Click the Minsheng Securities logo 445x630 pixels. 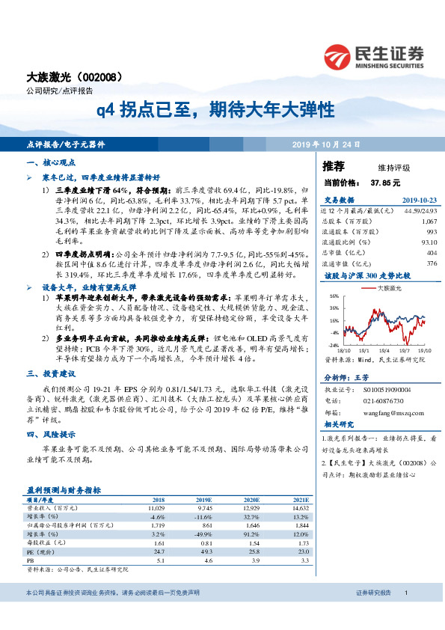(x=374, y=55)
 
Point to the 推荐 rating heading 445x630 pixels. (x=334, y=165)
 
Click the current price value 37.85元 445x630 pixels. (x=385, y=182)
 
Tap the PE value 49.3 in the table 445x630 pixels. (x=204, y=550)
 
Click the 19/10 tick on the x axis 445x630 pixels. (x=426, y=349)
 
